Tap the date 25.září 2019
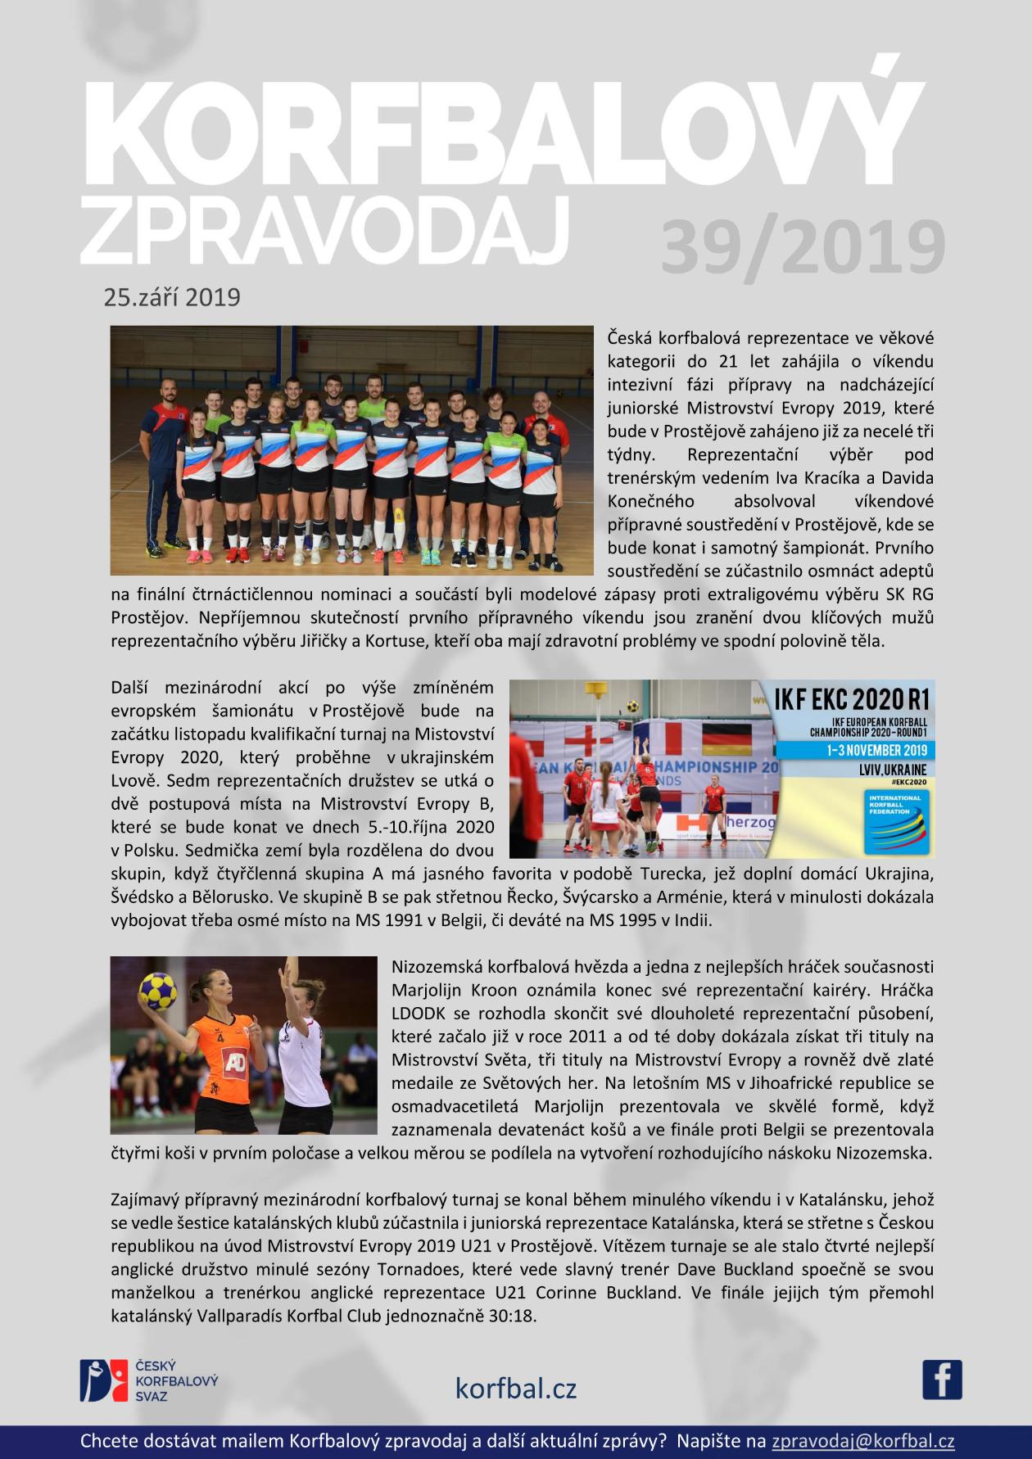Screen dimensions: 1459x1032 172,296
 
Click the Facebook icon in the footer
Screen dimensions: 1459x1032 942,1379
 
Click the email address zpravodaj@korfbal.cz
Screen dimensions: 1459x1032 862,1441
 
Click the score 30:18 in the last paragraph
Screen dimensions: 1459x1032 515,1317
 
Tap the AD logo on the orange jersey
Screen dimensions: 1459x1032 235,1062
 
